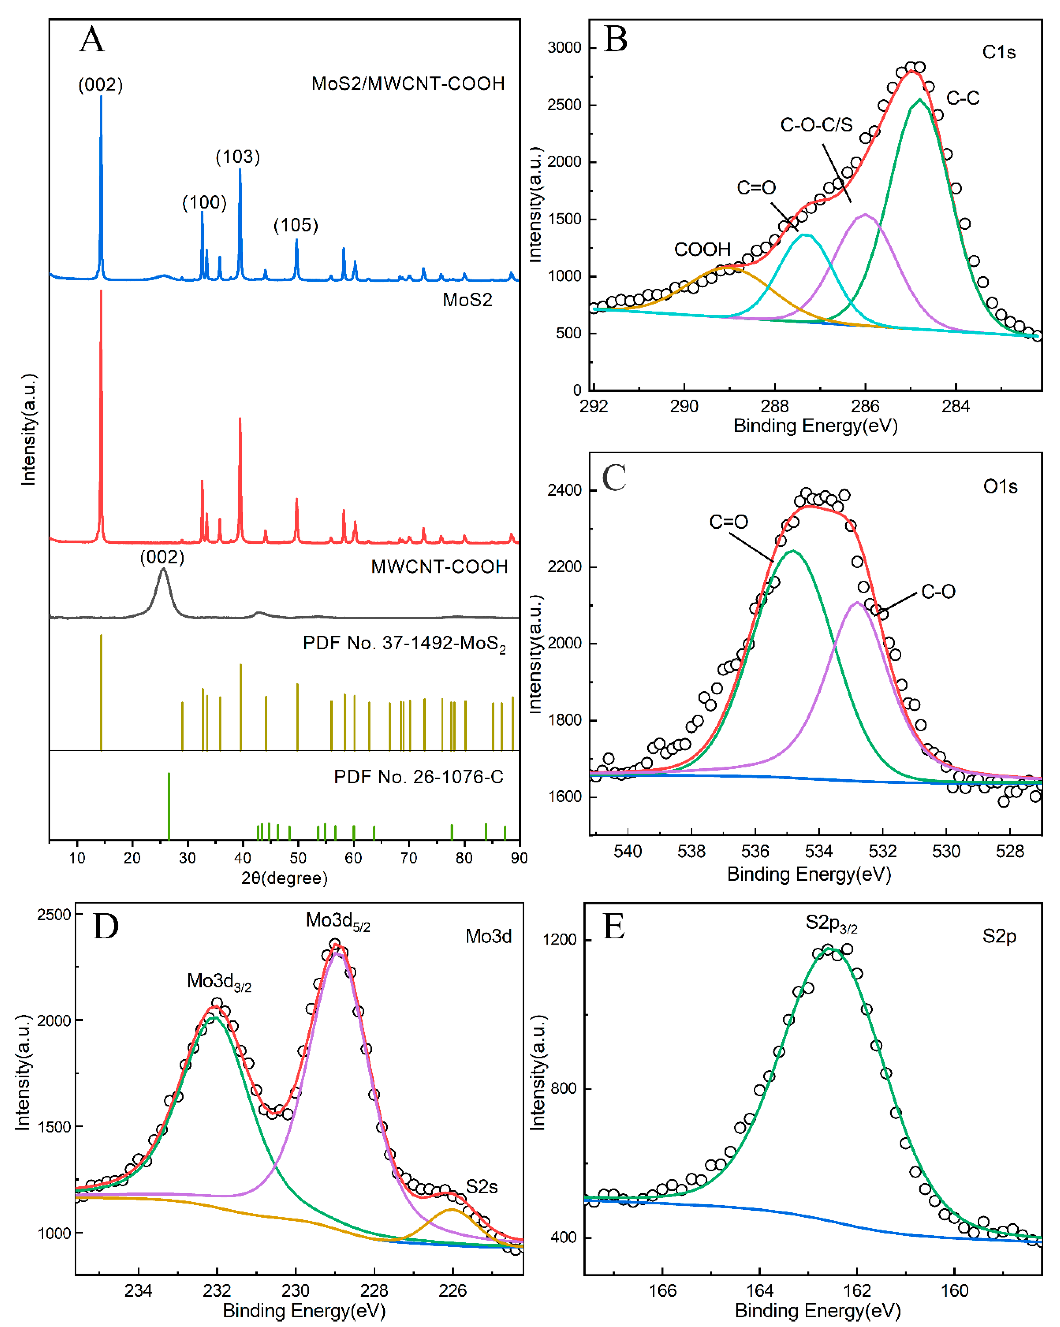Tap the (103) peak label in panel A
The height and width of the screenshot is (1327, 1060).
pyautogui.click(x=238, y=157)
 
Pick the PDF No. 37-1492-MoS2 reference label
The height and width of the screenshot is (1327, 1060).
pyautogui.click(x=404, y=644)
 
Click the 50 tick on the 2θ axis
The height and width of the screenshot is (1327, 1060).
pyautogui.click(x=298, y=858)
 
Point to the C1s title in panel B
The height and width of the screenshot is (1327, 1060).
pyautogui.click(x=998, y=52)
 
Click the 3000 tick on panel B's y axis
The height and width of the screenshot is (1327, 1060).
pyautogui.click(x=564, y=48)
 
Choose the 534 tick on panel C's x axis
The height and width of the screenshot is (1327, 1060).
pyautogui.click(x=819, y=852)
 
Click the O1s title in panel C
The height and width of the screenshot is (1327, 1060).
pyautogui.click(x=1000, y=487)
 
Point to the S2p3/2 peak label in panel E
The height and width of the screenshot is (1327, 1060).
pyautogui.click(x=831, y=922)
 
